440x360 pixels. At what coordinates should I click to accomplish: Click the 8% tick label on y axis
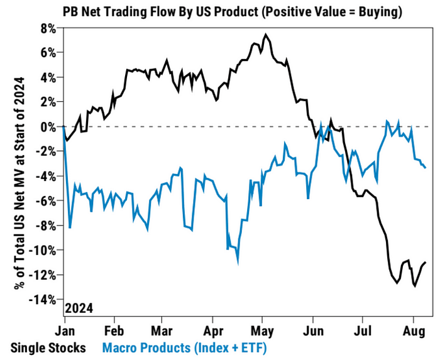point(48,29)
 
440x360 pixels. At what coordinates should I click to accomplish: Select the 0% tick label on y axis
point(48,127)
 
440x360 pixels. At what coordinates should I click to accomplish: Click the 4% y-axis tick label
point(48,78)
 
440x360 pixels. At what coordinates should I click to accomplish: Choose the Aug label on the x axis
point(412,329)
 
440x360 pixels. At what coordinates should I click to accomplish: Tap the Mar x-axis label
point(163,329)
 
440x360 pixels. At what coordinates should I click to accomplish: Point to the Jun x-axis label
point(312,329)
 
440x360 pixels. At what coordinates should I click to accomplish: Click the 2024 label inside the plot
point(80,308)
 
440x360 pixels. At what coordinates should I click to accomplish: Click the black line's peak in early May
point(266,35)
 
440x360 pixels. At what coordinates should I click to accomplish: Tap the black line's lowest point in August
point(415,286)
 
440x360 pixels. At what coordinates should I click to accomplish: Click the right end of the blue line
point(426,167)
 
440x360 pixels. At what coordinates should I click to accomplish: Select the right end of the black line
point(426,262)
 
